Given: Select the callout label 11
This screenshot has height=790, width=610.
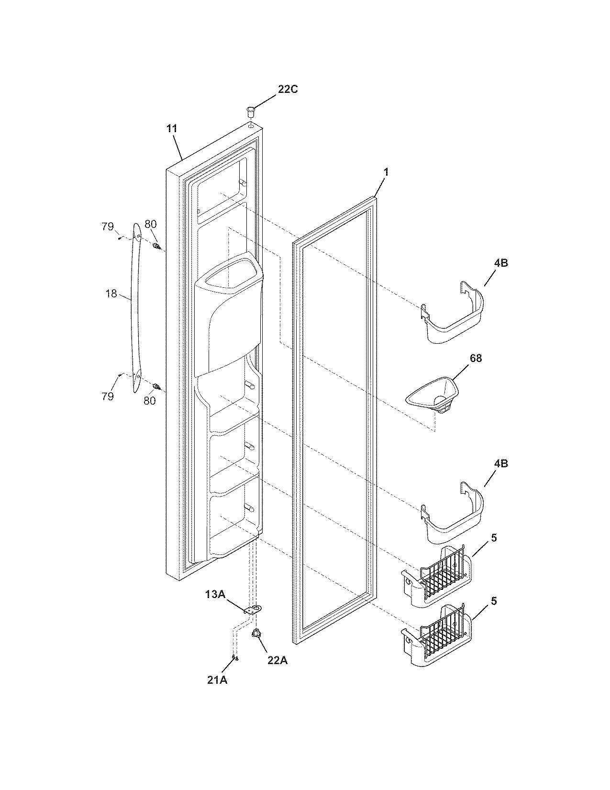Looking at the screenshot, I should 172,128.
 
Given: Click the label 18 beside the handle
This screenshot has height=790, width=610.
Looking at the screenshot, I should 111,293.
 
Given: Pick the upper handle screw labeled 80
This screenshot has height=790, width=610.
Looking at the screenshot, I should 156,247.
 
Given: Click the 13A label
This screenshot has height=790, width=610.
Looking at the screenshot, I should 215,594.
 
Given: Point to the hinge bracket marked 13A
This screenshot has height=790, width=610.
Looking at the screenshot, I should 254,609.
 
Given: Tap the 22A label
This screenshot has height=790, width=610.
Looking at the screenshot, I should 277,660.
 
